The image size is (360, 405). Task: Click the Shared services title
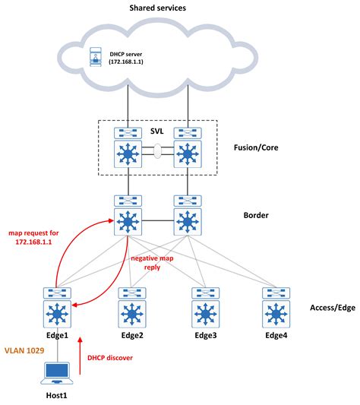(180, 8)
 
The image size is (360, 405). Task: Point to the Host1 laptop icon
(56, 372)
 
